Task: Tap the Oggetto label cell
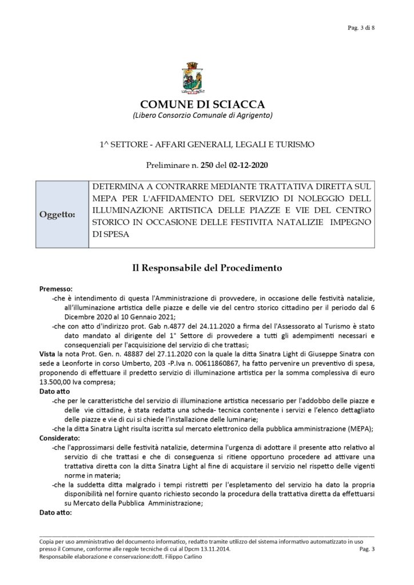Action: coord(60,215)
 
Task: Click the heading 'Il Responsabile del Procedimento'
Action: coord(206,267)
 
